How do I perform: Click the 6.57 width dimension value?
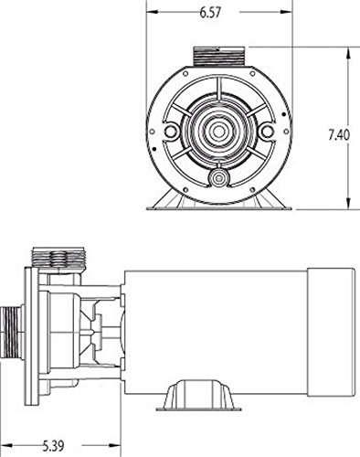point(210,13)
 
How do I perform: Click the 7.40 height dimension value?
point(339,135)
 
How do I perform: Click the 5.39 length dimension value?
point(53,446)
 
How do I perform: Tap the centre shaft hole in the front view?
point(218,132)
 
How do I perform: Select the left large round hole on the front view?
point(170,132)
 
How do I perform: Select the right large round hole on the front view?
point(267,132)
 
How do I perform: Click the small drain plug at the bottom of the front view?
point(218,177)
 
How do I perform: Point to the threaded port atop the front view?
point(218,56)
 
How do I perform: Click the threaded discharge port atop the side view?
point(58,258)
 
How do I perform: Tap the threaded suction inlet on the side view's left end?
point(12,333)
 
